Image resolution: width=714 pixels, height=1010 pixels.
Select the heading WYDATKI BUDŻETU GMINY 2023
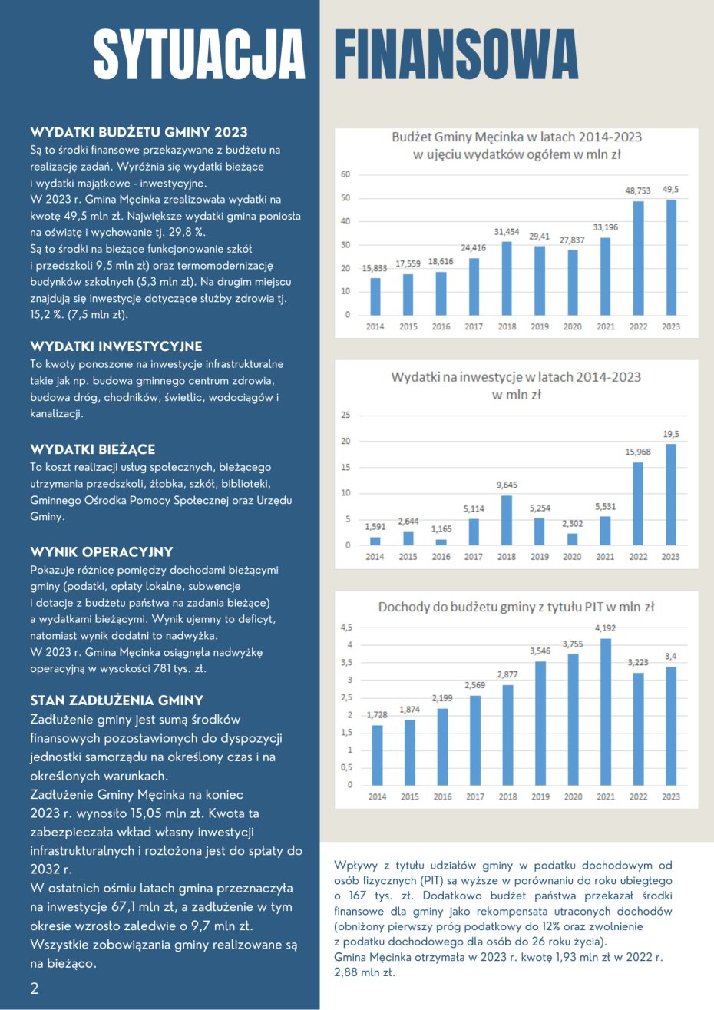tap(139, 132)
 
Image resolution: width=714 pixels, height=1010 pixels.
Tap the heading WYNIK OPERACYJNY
tap(101, 551)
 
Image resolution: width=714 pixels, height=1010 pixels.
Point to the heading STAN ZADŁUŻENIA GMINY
tap(117, 700)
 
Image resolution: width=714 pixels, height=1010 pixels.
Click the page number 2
tap(35, 988)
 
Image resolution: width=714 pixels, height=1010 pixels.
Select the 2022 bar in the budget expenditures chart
tap(638, 258)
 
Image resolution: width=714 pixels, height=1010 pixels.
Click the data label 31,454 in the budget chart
tap(507, 231)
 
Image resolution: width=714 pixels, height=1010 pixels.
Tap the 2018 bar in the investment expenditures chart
tap(507, 521)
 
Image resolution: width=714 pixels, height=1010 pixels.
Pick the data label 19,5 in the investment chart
tap(670, 434)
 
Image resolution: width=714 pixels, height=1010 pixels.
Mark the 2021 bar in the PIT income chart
tap(606, 711)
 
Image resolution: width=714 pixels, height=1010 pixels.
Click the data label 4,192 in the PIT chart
tap(606, 628)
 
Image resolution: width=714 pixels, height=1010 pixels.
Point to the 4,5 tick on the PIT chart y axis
tap(346, 628)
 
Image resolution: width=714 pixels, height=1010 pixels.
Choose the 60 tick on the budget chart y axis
tap(345, 174)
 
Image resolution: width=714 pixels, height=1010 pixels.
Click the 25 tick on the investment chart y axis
tap(345, 416)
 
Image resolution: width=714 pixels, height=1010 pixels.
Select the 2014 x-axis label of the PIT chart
tap(377, 796)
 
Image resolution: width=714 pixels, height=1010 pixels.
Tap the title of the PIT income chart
tap(516, 607)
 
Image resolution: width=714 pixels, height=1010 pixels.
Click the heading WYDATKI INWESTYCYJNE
tap(116, 346)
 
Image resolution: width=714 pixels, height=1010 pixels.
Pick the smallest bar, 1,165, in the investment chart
tap(441, 542)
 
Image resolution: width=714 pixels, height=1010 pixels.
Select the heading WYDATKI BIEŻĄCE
tap(93, 449)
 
